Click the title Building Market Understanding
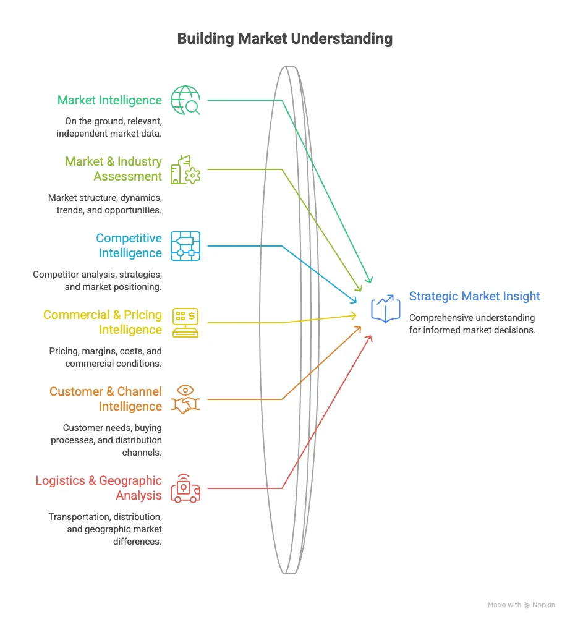pyautogui.click(x=285, y=39)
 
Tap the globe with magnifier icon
pyautogui.click(x=185, y=100)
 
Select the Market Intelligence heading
pyautogui.click(x=109, y=100)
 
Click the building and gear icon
pyautogui.click(x=185, y=169)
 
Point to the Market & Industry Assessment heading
pyautogui.click(x=114, y=169)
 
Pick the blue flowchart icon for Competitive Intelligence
pyautogui.click(x=185, y=246)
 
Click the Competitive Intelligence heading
pyautogui.click(x=129, y=245)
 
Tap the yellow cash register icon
pyautogui.click(x=185, y=323)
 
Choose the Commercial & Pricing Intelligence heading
pyautogui.click(x=103, y=322)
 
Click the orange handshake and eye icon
pyautogui.click(x=185, y=399)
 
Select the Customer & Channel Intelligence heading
pyautogui.click(x=106, y=399)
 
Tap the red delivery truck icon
pyautogui.click(x=185, y=488)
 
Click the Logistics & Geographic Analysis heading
pyautogui.click(x=98, y=488)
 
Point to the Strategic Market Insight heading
pyautogui.click(x=474, y=296)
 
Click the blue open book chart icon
pyautogui.click(x=386, y=309)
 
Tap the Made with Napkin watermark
pyautogui.click(x=521, y=605)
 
